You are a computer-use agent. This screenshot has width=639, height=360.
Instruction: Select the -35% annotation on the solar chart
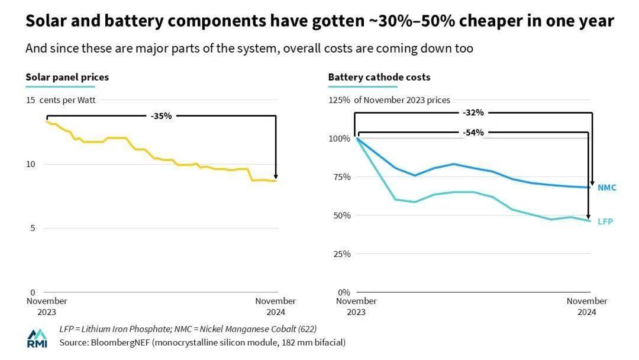pos(161,116)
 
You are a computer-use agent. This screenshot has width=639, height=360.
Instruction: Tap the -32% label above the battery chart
pos(473,112)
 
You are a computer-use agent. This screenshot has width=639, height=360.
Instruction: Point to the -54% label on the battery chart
pos(473,133)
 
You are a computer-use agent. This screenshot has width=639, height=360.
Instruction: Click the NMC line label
pos(606,188)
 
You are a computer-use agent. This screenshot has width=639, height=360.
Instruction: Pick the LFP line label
pos(605,221)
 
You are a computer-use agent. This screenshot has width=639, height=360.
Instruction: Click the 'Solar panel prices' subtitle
pos(67,77)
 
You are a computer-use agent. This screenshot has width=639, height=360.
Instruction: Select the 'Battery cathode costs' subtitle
pos(379,77)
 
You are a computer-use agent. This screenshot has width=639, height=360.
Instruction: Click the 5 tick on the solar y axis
pos(33,228)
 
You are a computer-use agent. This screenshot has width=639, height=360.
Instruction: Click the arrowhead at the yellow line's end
pos(276,178)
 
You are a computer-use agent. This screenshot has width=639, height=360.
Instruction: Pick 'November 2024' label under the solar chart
pos(276,306)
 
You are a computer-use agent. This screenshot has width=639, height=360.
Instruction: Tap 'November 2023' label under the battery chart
pos(356,306)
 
